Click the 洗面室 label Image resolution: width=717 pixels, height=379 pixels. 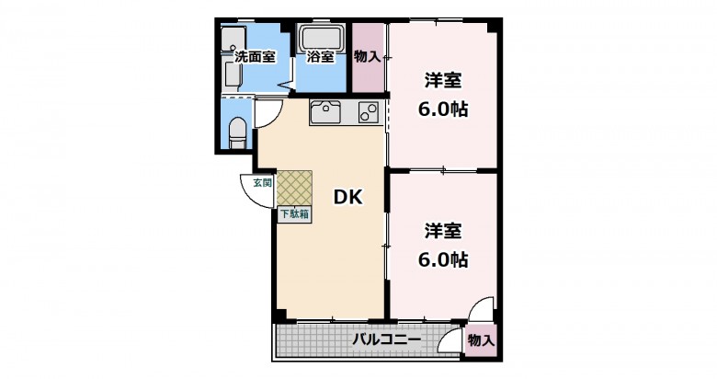pyautogui.click(x=255, y=57)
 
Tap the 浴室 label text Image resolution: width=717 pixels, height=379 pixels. pyautogui.click(x=320, y=57)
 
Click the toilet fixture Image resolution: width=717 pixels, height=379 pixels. pyautogui.click(x=237, y=132)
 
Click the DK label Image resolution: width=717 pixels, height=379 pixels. pyautogui.click(x=347, y=197)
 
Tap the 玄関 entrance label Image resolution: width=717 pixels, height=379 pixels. pyautogui.click(x=263, y=183)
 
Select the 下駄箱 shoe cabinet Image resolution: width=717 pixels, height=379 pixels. pyautogui.click(x=294, y=213)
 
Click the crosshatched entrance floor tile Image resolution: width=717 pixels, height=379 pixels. pyautogui.click(x=294, y=189)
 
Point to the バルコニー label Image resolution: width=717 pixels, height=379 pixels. pyautogui.click(x=386, y=340)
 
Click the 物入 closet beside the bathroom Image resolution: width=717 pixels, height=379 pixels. pyautogui.click(x=368, y=57)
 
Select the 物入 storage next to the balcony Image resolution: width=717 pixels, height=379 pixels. pyautogui.click(x=481, y=340)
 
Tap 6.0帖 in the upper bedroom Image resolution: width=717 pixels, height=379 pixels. pyautogui.click(x=443, y=109)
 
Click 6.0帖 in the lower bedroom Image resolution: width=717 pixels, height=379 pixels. pyautogui.click(x=443, y=260)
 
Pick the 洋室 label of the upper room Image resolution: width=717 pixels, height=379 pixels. pyautogui.click(x=443, y=81)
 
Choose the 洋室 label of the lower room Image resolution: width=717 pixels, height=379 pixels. pyautogui.click(x=443, y=231)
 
